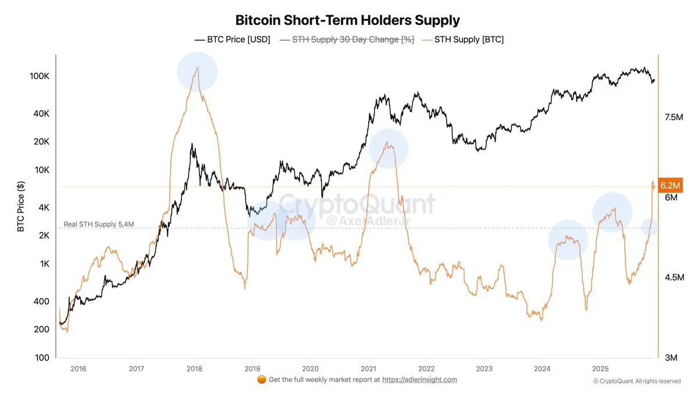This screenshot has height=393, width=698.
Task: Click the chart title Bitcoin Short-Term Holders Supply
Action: coord(347,20)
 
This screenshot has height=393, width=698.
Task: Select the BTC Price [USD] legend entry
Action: coord(232,40)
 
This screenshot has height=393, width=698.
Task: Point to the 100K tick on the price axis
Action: coord(39,76)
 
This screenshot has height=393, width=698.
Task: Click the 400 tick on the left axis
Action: coord(42,301)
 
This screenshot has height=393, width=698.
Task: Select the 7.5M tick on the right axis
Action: coord(673,118)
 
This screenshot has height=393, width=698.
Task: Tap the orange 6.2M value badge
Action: coord(669,185)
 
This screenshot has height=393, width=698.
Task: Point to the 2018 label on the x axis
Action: coord(194,369)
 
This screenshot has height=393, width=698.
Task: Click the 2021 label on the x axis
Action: coord(368,369)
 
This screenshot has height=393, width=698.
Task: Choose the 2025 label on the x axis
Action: coord(600,369)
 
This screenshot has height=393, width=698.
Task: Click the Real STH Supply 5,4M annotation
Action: coord(98,224)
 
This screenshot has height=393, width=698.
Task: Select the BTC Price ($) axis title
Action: coord(21,206)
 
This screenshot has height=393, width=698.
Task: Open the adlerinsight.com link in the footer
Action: coord(419,380)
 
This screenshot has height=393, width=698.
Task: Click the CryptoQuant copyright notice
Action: coord(637,381)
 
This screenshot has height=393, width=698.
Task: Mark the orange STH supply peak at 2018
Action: coord(198,68)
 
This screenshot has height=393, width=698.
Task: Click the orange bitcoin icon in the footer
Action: coord(261,380)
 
